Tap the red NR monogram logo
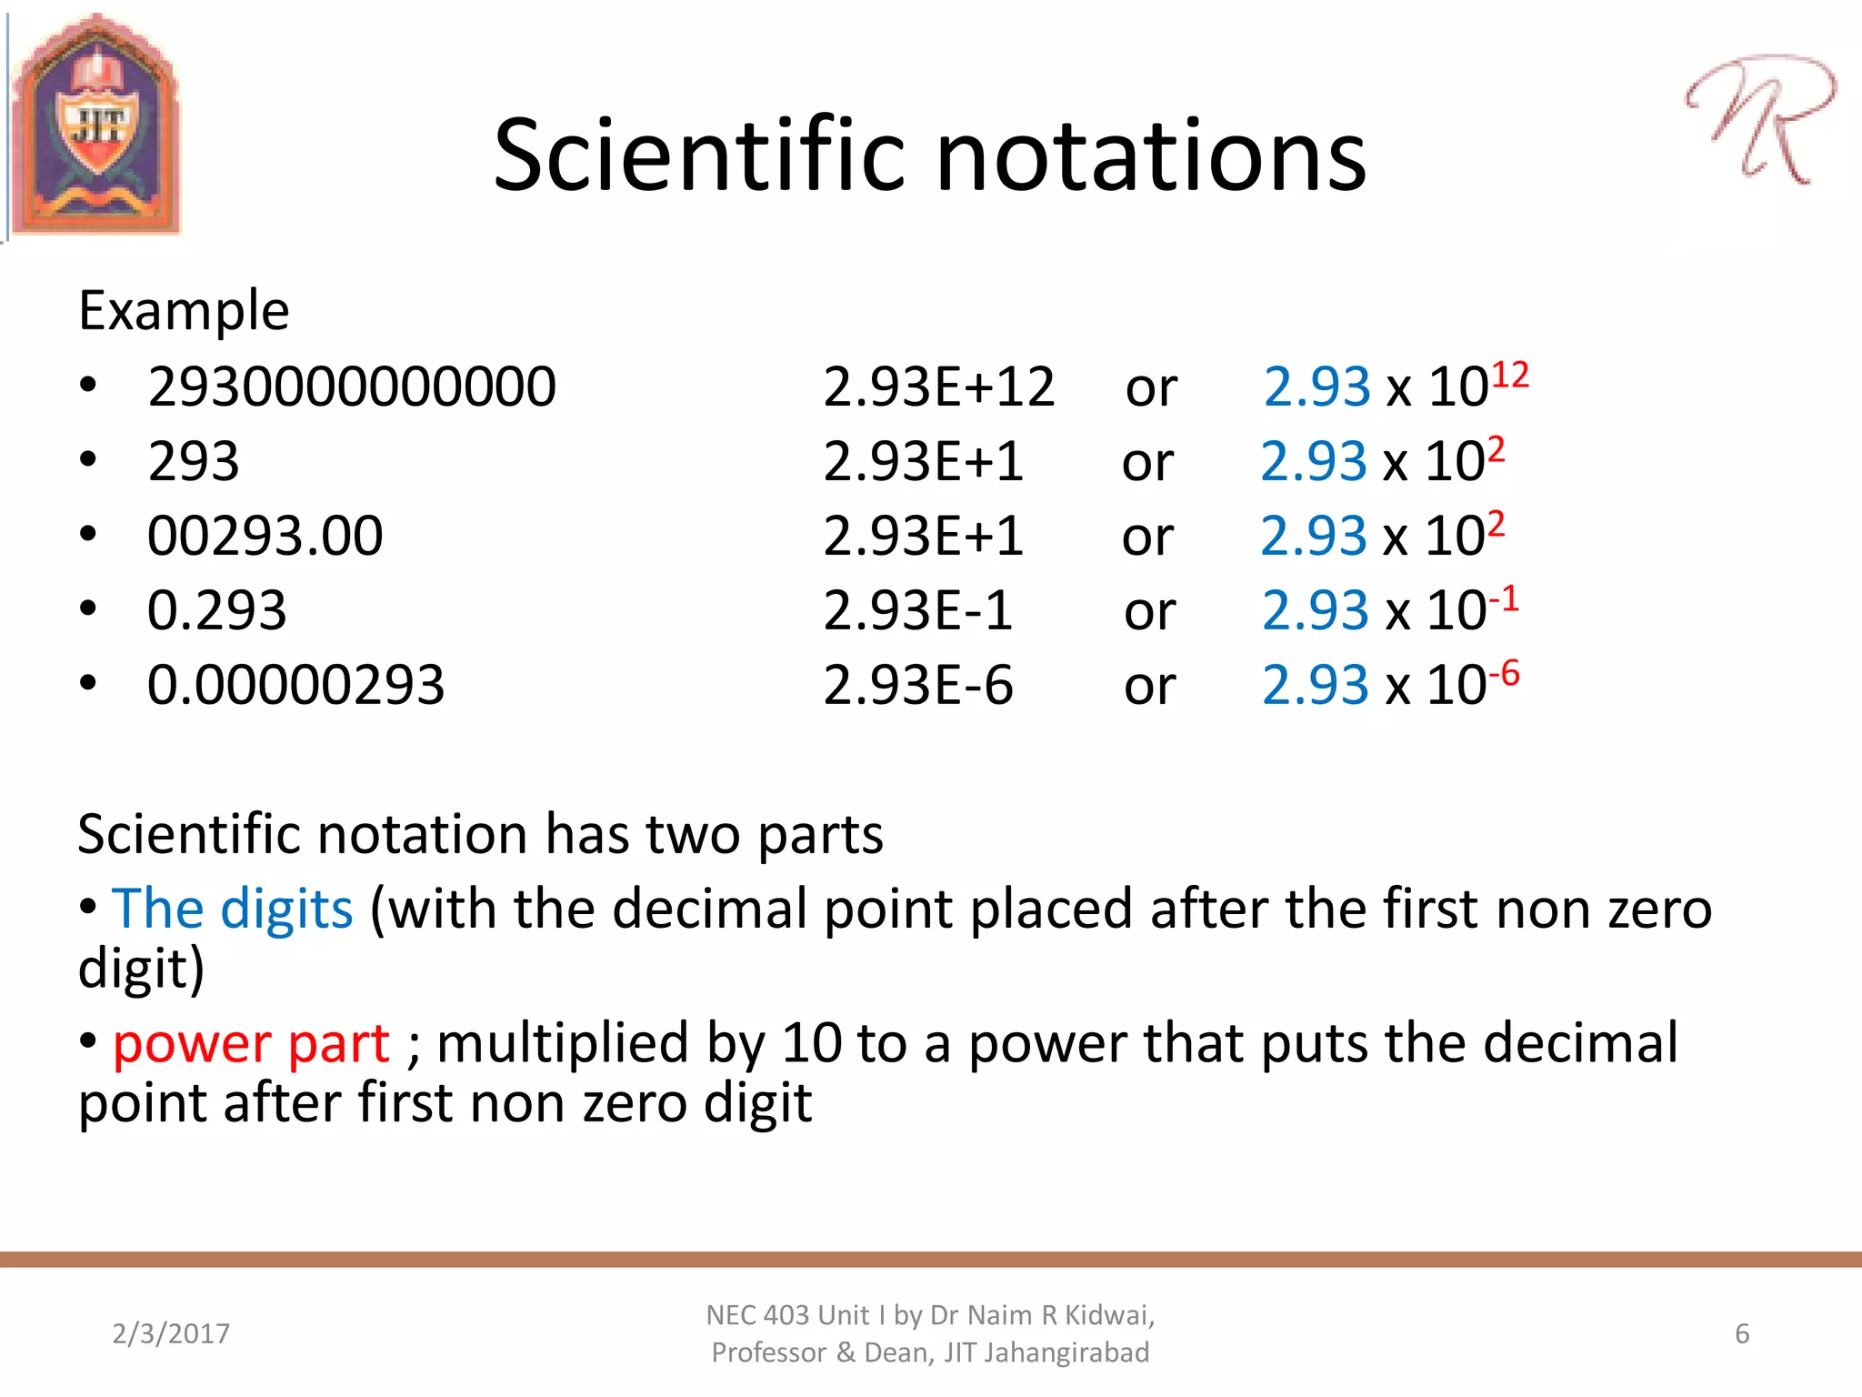[1759, 118]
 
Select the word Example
[184, 311]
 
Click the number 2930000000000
[352, 387]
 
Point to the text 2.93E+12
[938, 387]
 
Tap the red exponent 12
[1510, 375]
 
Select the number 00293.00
[265, 536]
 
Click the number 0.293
[216, 610]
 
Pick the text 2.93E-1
[917, 610]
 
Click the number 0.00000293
[295, 685]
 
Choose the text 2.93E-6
[917, 685]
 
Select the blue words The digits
[233, 909]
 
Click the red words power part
[251, 1042]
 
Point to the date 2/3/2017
[171, 1333]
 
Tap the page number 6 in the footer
[1742, 1333]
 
